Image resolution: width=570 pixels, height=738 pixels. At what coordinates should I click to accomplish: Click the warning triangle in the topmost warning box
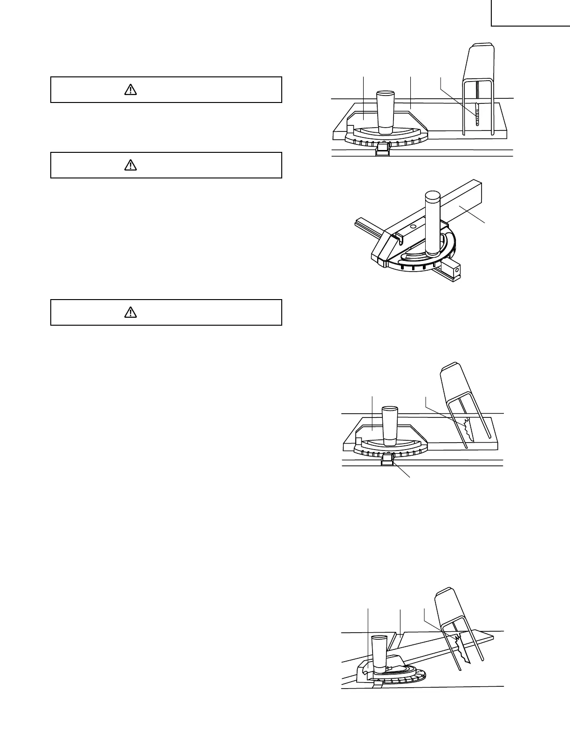(131, 90)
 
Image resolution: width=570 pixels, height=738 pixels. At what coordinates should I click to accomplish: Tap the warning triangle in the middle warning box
(131, 165)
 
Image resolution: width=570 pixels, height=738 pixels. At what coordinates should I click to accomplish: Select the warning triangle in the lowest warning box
(131, 313)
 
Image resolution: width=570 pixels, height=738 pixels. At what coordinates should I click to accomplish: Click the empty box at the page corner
(530, 13)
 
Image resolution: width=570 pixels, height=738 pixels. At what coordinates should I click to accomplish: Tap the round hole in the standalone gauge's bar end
(457, 270)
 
